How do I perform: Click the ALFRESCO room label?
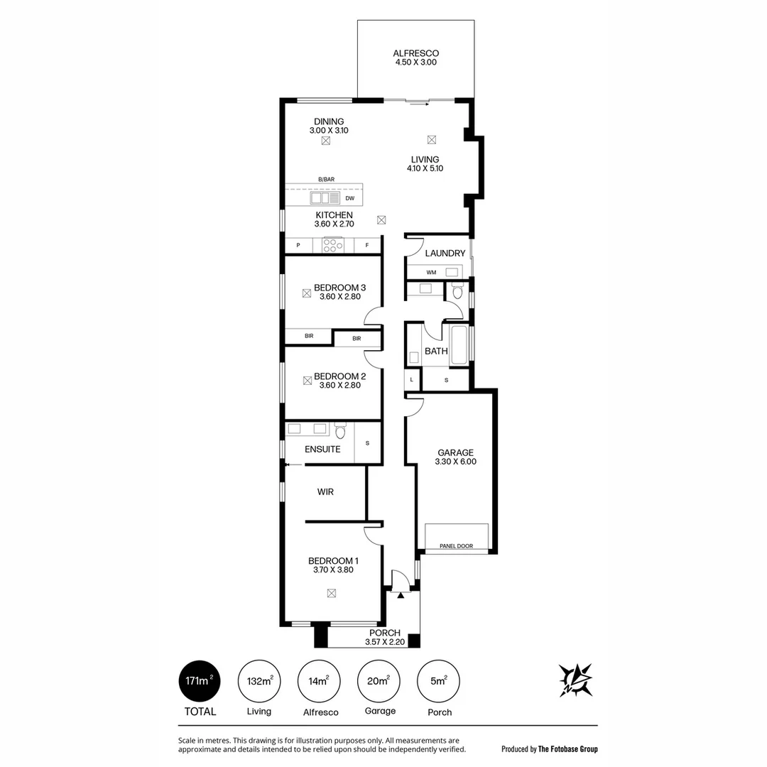415,53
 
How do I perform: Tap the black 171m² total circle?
198,680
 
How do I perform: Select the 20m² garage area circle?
378,680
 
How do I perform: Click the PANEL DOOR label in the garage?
456,546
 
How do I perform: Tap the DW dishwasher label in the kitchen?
349,199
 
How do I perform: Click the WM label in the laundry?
431,272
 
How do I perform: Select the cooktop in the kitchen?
332,246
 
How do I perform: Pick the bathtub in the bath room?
459,344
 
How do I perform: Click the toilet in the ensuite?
340,430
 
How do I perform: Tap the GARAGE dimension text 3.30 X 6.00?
455,462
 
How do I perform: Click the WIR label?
325,491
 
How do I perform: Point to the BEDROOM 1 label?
333,560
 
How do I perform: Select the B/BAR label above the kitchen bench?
327,180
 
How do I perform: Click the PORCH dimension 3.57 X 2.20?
384,642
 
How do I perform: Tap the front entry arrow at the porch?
401,596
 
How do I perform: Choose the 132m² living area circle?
259,680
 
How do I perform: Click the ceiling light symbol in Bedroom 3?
307,292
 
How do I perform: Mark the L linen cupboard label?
412,380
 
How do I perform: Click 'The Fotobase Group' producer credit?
568,749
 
